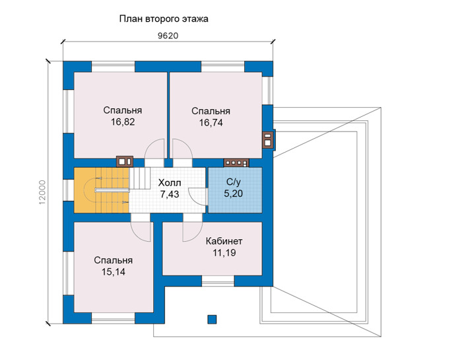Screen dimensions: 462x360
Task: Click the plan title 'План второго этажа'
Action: point(164,19)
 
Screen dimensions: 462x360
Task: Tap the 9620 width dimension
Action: point(168,36)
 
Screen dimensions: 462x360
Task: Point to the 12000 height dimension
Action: point(42,192)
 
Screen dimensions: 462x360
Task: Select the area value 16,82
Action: point(123,122)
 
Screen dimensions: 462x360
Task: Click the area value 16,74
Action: point(211,122)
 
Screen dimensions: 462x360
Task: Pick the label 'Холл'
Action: point(170,183)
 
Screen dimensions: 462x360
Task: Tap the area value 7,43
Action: point(170,194)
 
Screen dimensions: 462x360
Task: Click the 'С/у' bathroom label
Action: point(233,182)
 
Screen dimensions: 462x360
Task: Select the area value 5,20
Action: point(234,194)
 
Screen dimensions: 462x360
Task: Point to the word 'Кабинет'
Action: point(224,241)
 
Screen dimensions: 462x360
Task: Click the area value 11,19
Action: point(224,253)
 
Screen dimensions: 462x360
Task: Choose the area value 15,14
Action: point(114,271)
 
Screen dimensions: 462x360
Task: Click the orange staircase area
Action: point(102,190)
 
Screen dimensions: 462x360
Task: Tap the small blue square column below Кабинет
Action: point(212,319)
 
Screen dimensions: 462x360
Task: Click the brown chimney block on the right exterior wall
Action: point(268,140)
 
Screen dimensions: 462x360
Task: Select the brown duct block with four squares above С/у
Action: point(236,162)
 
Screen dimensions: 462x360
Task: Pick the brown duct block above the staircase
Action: point(125,162)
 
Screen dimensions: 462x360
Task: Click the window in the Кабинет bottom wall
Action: point(218,281)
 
